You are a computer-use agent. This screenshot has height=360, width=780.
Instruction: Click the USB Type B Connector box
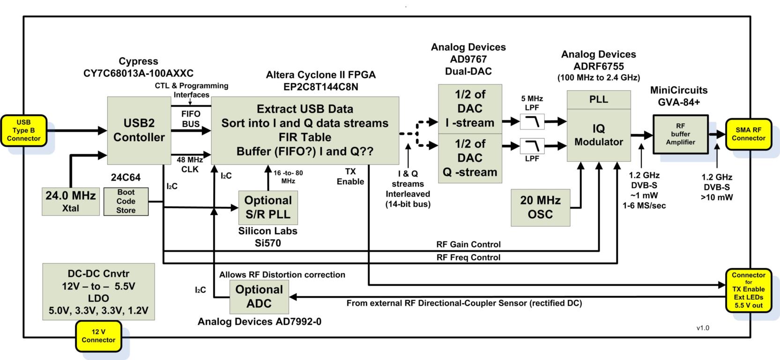[23, 130]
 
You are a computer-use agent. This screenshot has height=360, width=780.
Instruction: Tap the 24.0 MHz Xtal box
[70, 201]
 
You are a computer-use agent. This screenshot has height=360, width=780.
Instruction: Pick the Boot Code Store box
[126, 202]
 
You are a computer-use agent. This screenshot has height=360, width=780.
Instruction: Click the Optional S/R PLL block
[268, 207]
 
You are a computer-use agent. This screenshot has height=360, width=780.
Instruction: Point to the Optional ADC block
[259, 297]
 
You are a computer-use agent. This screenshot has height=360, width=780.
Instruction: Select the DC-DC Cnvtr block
[98, 292]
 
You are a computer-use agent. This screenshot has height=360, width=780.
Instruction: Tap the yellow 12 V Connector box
[98, 336]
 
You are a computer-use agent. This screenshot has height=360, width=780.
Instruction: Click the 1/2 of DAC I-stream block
[470, 109]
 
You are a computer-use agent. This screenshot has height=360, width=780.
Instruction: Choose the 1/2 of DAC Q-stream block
[470, 158]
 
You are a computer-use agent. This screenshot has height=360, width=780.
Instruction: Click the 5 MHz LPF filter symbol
[532, 122]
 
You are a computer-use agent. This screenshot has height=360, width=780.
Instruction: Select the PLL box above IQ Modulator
[599, 99]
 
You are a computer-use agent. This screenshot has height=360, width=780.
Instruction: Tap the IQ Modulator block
[599, 135]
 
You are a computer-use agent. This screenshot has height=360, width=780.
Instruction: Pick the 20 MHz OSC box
[540, 208]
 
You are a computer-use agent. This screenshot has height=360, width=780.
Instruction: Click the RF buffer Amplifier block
[680, 135]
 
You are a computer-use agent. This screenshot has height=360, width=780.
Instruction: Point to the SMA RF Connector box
[748, 134]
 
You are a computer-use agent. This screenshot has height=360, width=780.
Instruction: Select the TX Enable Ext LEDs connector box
[748, 290]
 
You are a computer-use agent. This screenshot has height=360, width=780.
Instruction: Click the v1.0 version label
[703, 328]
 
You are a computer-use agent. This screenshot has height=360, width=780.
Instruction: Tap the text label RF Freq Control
[468, 257]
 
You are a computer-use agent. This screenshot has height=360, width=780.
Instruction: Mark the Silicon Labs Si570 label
[267, 237]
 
